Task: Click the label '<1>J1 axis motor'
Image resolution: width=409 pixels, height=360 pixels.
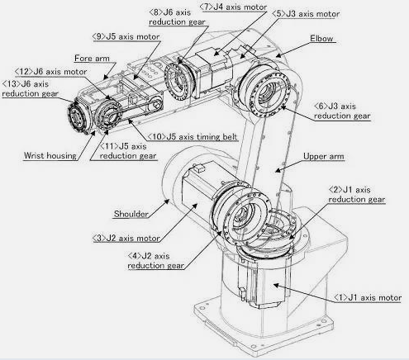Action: (x=368, y=297)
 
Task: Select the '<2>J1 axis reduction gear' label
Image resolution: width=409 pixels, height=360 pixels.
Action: (x=357, y=195)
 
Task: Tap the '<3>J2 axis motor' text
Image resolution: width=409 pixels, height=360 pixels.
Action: (x=126, y=238)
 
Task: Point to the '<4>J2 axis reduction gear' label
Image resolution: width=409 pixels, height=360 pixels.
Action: (x=155, y=261)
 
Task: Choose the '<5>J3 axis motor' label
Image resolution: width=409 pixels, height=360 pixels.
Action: (x=306, y=14)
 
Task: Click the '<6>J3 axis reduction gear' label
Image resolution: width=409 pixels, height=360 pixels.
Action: (x=342, y=111)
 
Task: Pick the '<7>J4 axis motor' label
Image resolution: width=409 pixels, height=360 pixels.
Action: (x=233, y=7)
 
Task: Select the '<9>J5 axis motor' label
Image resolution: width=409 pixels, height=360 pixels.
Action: (x=126, y=36)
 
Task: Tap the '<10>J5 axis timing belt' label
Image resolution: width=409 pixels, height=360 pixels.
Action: (x=193, y=136)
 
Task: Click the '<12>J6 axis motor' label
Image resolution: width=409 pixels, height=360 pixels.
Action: (x=51, y=72)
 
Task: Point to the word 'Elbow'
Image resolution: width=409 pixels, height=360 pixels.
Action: (x=321, y=38)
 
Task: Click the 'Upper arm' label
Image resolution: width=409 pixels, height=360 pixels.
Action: (x=324, y=156)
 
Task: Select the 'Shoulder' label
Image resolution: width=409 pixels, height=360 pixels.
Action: (x=131, y=214)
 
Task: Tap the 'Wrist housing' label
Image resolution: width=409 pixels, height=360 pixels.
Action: (x=50, y=155)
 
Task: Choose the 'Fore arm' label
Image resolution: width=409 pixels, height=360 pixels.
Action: (x=92, y=59)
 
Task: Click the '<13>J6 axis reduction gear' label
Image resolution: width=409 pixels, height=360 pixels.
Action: (x=30, y=88)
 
